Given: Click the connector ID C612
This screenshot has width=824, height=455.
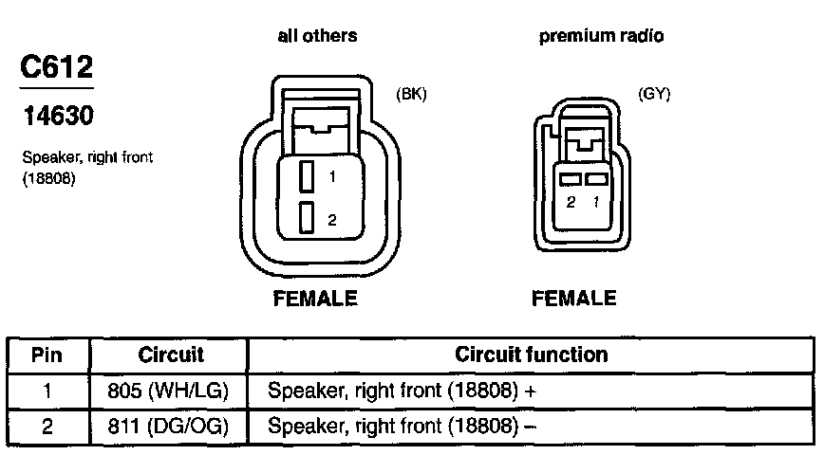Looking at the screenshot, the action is (56, 68).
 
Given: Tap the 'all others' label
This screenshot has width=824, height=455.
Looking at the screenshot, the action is (317, 36).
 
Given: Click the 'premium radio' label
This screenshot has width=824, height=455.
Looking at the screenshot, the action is (602, 36).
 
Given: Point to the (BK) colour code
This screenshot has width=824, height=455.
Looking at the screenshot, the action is (411, 94).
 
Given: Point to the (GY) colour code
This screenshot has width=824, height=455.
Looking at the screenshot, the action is (655, 95).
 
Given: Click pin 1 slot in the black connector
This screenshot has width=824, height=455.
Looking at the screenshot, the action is (306, 176).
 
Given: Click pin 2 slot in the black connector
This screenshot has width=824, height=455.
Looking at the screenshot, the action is (306, 218).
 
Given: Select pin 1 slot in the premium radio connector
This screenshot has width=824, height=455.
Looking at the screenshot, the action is (596, 179).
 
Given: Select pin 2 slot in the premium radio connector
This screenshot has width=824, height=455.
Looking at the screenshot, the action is (570, 179).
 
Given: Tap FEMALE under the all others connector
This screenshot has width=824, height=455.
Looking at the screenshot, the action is (315, 299).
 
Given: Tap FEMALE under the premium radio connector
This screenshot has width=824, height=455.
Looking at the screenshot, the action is (574, 299).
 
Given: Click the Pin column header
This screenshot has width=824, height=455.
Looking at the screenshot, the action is (47, 355).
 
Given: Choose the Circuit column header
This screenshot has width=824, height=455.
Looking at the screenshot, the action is (171, 355).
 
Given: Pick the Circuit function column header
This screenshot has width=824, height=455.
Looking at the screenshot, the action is (532, 355).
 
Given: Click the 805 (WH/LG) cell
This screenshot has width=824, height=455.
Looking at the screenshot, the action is (170, 390).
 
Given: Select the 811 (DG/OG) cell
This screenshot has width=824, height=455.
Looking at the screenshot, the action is (170, 425).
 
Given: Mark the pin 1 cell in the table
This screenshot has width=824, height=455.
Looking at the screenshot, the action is (47, 390).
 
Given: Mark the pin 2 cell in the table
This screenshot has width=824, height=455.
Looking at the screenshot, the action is (47, 425).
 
